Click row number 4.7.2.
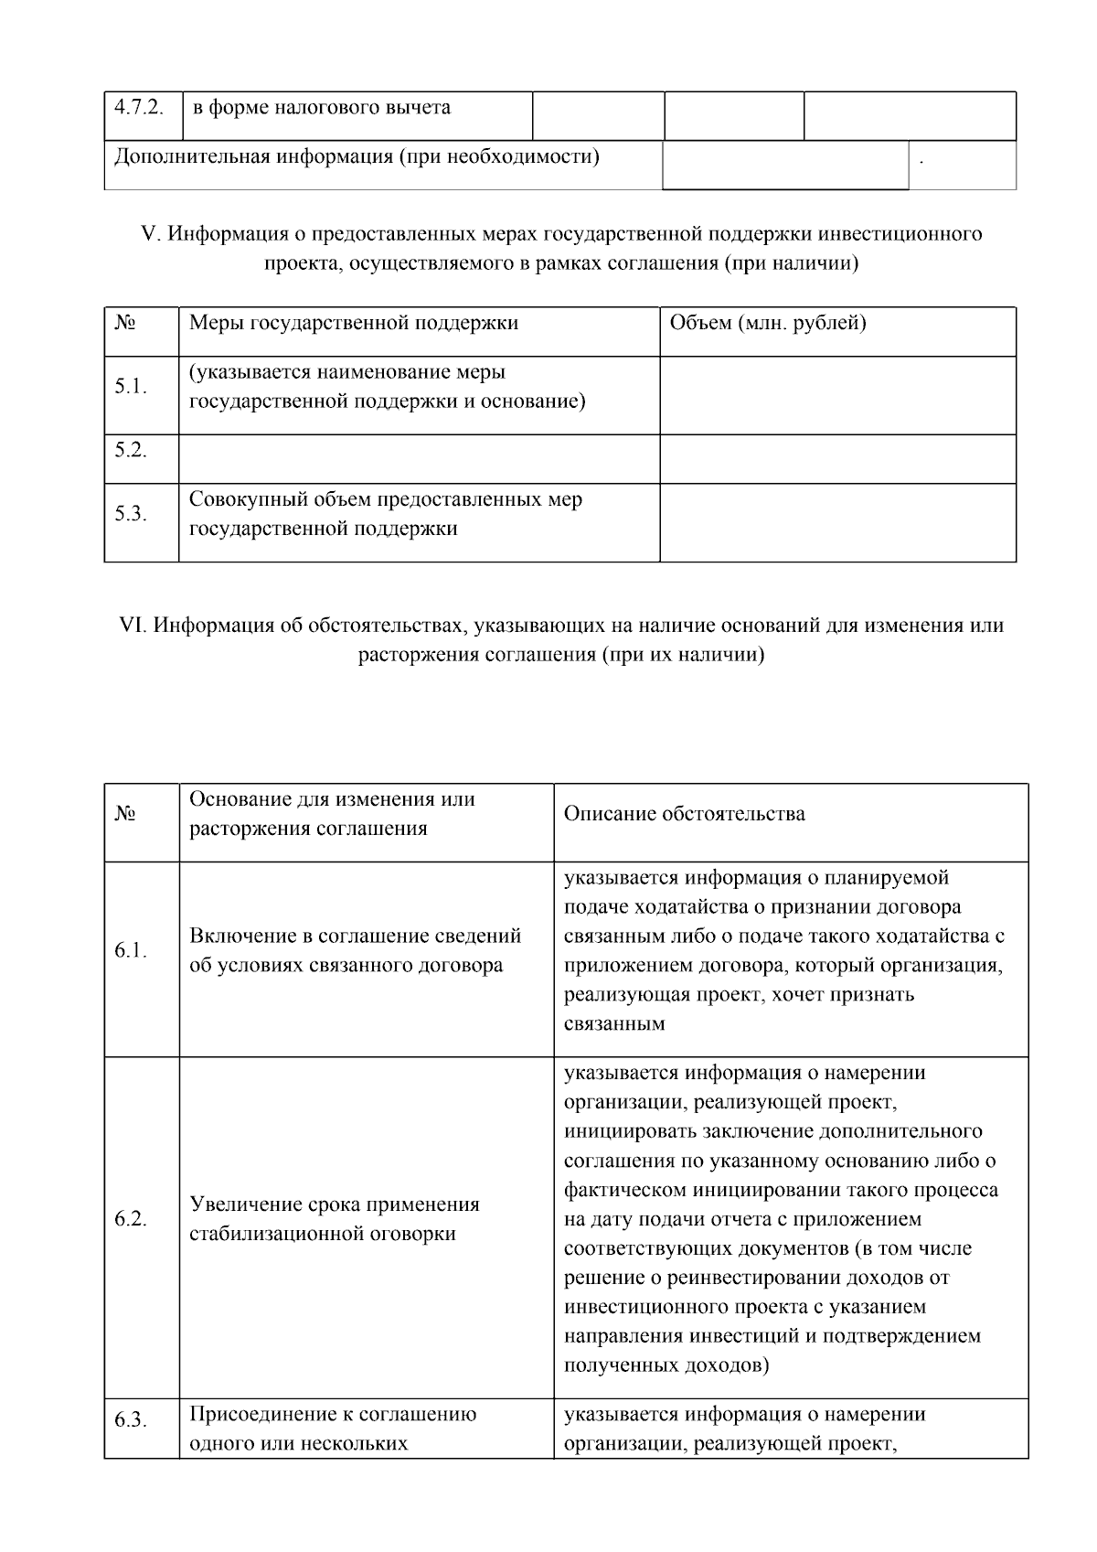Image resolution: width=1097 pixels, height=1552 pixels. (139, 108)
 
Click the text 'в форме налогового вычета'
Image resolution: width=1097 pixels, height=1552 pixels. (321, 108)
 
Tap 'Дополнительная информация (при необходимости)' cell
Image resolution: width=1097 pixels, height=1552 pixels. (357, 157)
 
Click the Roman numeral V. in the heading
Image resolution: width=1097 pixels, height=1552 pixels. (151, 234)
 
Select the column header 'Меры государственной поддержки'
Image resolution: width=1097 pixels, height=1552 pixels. (354, 323)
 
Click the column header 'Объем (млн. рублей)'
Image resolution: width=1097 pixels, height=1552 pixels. (768, 323)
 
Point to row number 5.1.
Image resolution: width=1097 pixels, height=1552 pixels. (131, 387)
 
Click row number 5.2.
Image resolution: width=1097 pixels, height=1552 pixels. (131, 450)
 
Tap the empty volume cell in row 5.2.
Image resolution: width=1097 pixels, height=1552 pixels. (837, 458)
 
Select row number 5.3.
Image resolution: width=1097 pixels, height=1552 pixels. (131, 514)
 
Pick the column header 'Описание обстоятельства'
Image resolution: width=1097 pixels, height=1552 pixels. (685, 814)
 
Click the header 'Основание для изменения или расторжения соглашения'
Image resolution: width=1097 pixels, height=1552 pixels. (332, 814)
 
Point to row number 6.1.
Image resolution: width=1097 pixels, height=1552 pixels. (131, 951)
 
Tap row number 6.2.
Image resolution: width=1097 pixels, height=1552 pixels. (131, 1219)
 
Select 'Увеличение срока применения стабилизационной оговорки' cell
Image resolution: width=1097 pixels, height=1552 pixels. (335, 1219)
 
